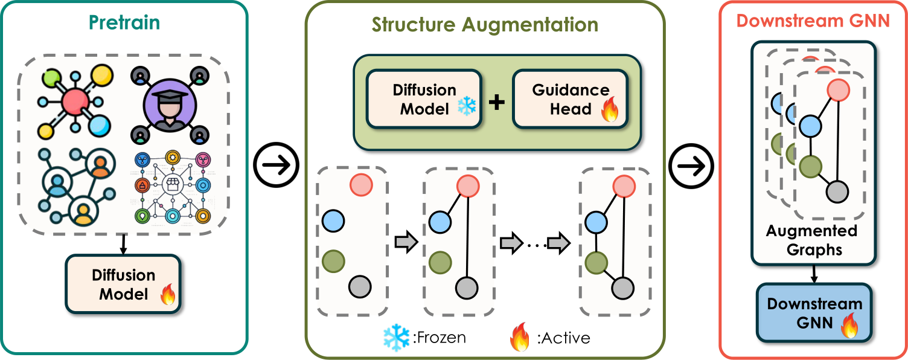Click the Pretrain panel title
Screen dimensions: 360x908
(124, 23)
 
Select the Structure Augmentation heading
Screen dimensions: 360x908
(485, 25)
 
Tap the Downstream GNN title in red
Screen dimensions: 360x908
(813, 21)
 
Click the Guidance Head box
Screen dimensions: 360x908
(570, 99)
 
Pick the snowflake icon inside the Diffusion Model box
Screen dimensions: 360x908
(466, 106)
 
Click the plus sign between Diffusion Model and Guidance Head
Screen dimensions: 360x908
(496, 102)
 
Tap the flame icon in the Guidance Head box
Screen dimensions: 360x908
(610, 113)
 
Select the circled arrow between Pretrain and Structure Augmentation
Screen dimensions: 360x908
(277, 164)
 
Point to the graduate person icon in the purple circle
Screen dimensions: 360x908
(165, 102)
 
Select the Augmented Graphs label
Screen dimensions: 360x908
(811, 240)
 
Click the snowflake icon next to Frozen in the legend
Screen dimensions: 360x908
(397, 336)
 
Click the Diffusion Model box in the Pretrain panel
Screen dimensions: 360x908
(123, 284)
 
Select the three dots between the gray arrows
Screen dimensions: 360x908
(532, 244)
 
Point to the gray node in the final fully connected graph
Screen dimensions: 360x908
(622, 289)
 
